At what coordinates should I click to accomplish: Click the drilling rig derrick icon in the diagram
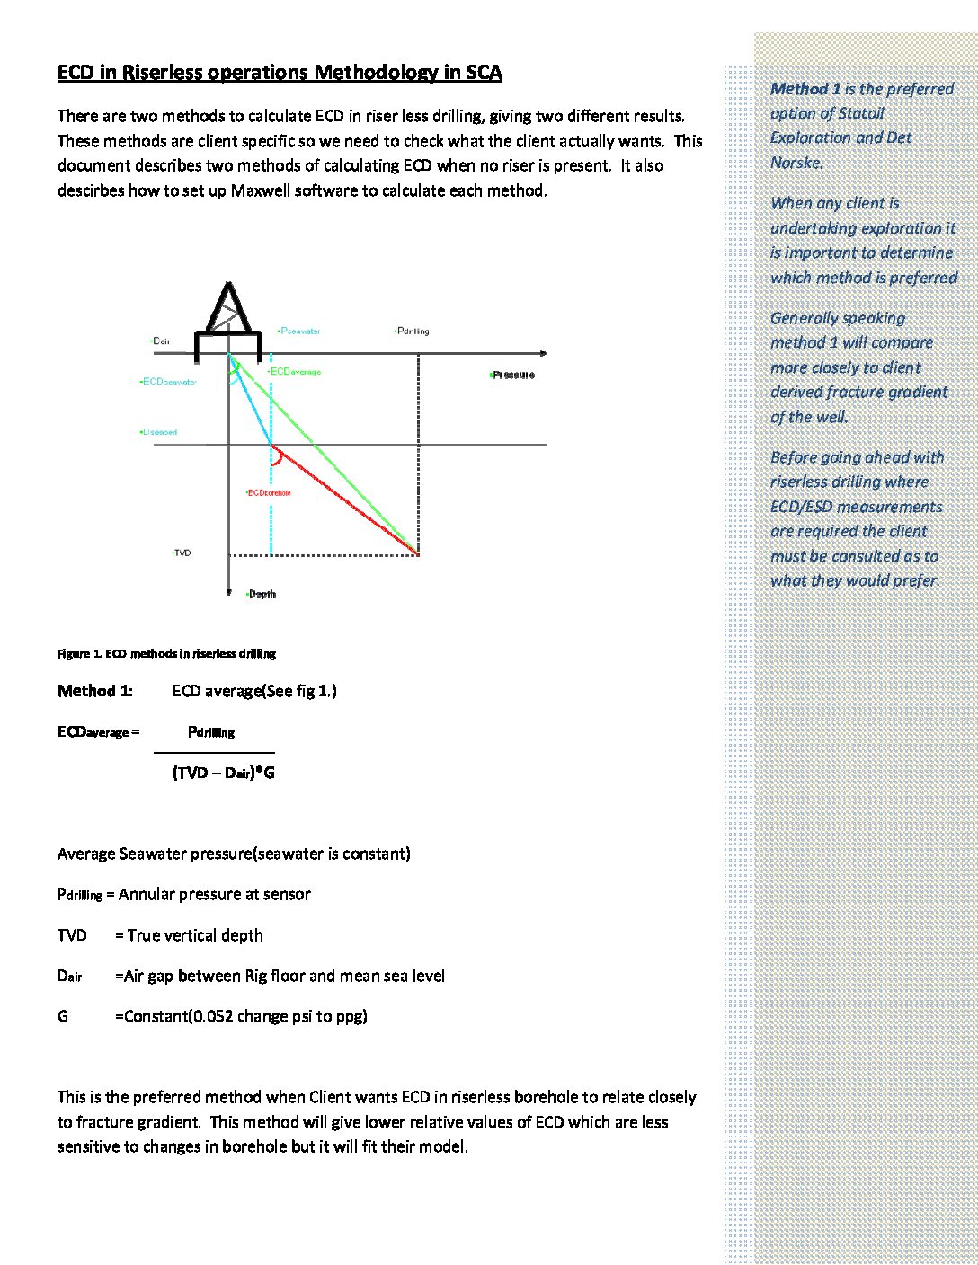click(x=229, y=310)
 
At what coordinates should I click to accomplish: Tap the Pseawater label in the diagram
click(x=300, y=332)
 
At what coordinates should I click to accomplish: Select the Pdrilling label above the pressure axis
click(x=413, y=332)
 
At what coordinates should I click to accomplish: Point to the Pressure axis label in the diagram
click(x=513, y=375)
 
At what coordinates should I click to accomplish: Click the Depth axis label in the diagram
click(x=262, y=595)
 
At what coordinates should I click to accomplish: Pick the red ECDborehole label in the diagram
click(x=269, y=493)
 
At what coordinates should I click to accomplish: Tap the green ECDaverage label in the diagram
click(x=295, y=372)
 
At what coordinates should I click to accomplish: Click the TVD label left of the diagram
click(x=182, y=553)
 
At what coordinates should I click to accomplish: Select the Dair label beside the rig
click(x=161, y=341)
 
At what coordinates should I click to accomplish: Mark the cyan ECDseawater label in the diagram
click(x=169, y=382)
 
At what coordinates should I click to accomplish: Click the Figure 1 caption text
click(x=166, y=654)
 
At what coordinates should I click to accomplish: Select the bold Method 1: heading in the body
click(x=95, y=691)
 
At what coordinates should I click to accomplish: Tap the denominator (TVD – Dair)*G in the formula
click(x=224, y=773)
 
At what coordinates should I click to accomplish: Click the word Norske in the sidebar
click(x=796, y=163)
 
